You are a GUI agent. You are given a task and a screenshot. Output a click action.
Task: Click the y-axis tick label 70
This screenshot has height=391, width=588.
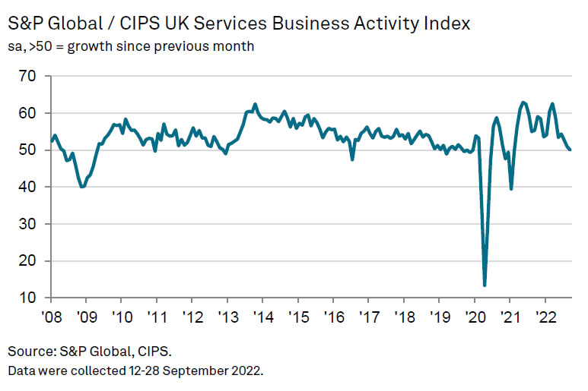pos(27,76)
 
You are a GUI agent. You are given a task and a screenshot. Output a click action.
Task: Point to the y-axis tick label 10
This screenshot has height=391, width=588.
pos(27,298)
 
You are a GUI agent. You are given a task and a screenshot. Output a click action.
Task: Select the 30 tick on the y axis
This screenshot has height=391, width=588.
pos(27,224)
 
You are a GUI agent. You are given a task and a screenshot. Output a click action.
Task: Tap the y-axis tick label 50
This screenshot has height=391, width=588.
pos(27,150)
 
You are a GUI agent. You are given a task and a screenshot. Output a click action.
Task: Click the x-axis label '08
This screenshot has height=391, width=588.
pos(51,316)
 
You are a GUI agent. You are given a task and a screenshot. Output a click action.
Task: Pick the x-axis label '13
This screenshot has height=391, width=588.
pos(226,316)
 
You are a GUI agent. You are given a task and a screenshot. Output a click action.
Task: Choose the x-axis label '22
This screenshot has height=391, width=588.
pos(545,316)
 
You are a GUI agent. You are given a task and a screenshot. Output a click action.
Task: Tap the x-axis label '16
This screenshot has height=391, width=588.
pos(332,316)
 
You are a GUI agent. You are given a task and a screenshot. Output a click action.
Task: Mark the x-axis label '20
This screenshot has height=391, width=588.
pos(475,316)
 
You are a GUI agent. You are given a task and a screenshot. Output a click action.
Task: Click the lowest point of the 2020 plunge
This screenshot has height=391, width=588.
pos(485,285)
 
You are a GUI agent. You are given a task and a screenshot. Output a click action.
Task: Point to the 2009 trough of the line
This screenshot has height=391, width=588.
pos(82,187)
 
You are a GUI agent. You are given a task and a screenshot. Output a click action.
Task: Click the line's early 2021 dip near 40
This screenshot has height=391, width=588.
pos(510,189)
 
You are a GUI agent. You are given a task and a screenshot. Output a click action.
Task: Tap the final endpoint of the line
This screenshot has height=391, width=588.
pos(571,150)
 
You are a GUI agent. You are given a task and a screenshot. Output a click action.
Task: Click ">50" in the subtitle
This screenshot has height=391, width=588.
pos(43,47)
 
